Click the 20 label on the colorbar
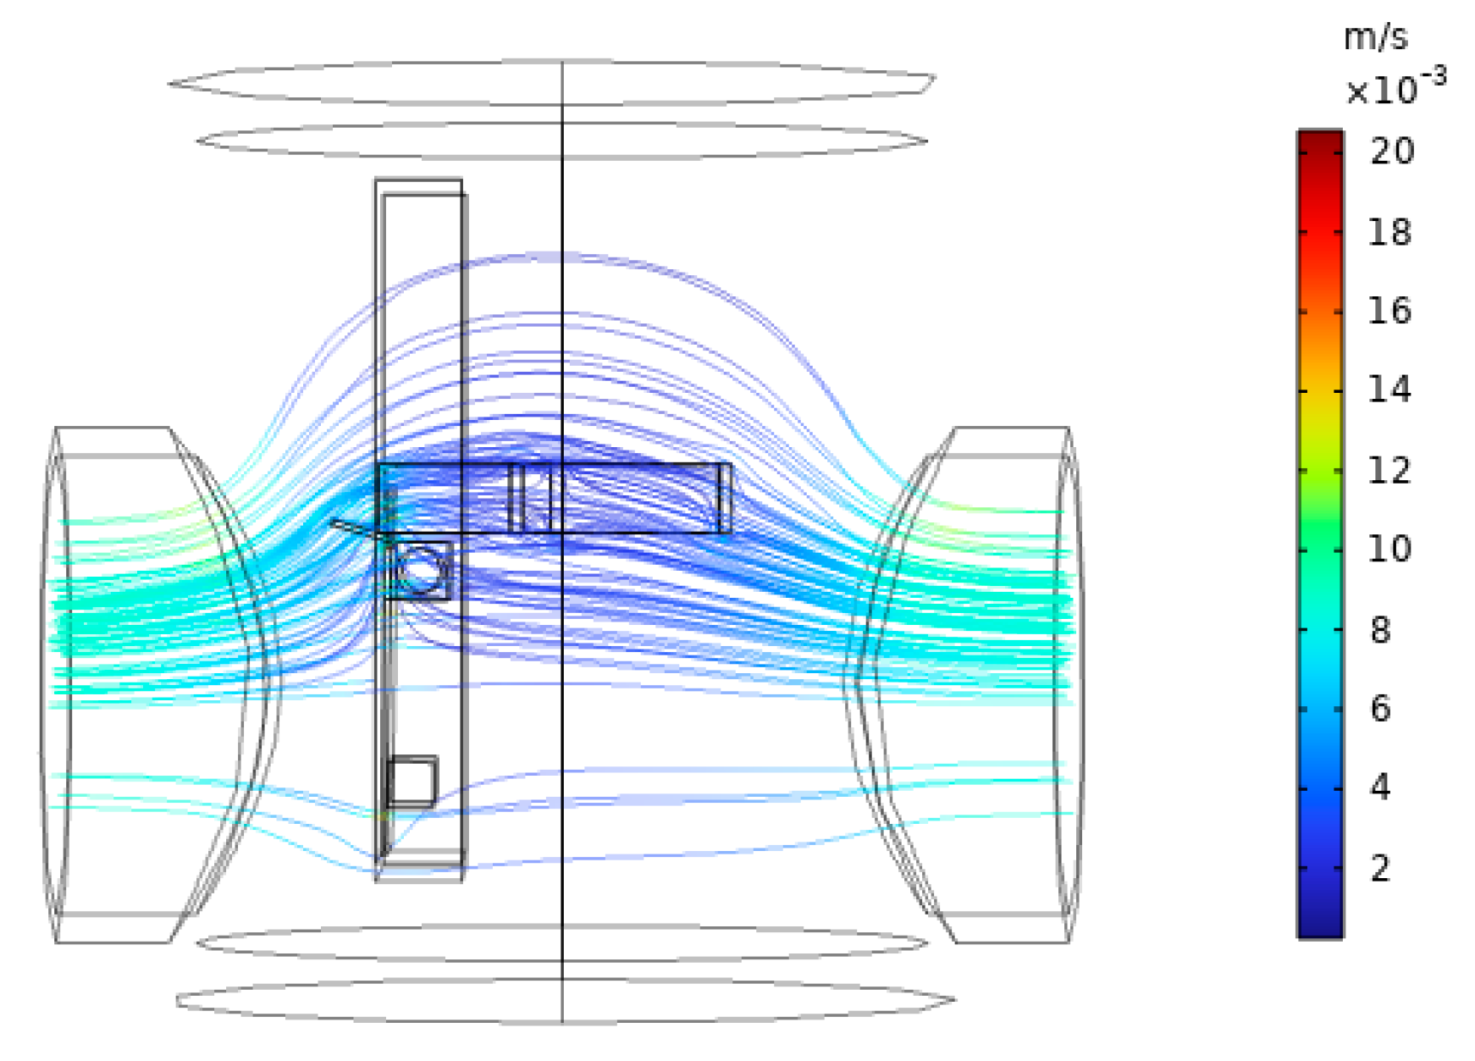(x=1392, y=152)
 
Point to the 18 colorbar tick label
(x=1390, y=232)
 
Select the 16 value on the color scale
(x=1390, y=311)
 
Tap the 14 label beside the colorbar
(x=1390, y=390)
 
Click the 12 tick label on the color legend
(x=1390, y=470)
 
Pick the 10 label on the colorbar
(x=1390, y=549)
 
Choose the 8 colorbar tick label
(x=1381, y=630)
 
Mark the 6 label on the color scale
(x=1381, y=709)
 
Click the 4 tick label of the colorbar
(x=1381, y=787)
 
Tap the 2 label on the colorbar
(x=1381, y=868)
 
